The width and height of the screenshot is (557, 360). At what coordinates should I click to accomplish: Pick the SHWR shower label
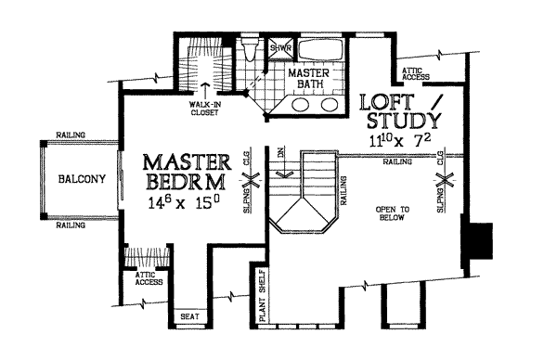pos(279,47)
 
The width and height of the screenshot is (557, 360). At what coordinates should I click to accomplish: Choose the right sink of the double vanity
pos(328,104)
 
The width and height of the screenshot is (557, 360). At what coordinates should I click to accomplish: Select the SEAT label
pos(188,315)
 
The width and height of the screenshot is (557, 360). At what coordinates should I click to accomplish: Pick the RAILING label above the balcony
pos(71,135)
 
